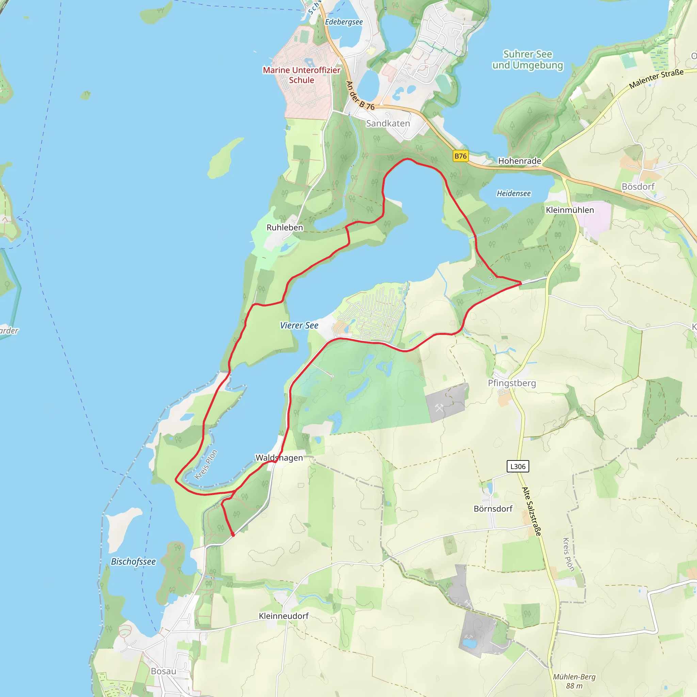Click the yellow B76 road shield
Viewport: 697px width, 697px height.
click(x=460, y=156)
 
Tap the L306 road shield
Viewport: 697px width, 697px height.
click(x=518, y=466)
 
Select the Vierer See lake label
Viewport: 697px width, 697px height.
click(x=299, y=325)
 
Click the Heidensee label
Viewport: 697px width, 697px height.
click(x=513, y=194)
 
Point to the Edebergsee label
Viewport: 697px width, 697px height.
click(x=344, y=22)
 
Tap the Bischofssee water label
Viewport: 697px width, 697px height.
click(x=133, y=562)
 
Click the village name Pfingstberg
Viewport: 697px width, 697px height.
click(x=512, y=383)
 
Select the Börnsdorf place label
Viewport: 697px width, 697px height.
click(x=493, y=509)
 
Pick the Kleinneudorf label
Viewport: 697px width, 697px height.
click(x=283, y=616)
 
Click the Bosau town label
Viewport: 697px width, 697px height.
click(x=163, y=671)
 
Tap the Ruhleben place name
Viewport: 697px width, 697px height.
click(x=285, y=228)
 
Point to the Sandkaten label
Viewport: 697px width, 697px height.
click(x=388, y=124)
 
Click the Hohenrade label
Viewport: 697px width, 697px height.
click(x=519, y=161)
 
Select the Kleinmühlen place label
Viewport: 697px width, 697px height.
click(x=569, y=210)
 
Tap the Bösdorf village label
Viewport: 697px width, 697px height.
click(x=638, y=187)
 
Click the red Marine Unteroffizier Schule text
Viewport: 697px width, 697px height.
click(x=301, y=75)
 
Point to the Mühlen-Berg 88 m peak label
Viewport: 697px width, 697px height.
click(x=574, y=681)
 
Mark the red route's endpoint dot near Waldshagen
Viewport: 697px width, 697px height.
click(x=233, y=535)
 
